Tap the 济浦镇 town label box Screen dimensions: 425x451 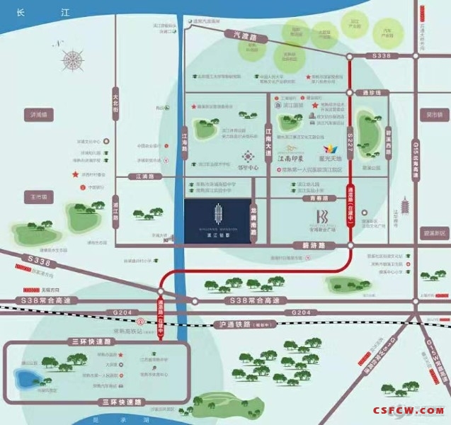pyautogui.click(x=33, y=114)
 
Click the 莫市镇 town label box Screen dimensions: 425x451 pyautogui.click(x=432, y=114)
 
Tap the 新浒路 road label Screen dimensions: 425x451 pyautogui.click(x=303, y=244)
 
